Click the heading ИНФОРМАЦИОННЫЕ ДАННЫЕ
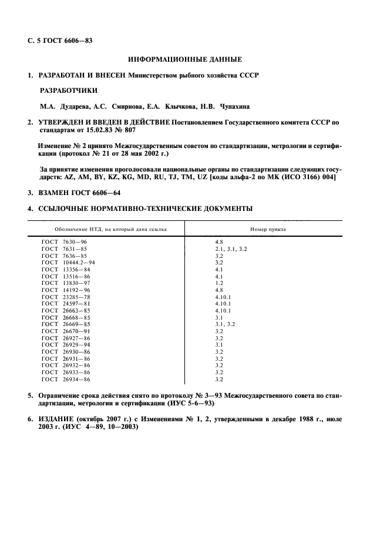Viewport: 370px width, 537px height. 185,59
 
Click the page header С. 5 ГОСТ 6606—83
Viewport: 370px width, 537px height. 60,41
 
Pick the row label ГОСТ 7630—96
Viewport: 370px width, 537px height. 65,241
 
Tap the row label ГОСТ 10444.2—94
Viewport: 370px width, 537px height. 68,263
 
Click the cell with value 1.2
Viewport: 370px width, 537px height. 219,283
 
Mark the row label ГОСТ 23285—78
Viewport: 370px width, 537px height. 65,297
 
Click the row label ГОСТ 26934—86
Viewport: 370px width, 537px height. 65,380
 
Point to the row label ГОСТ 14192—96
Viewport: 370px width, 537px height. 65,290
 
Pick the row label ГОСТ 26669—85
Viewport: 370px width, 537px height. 65,324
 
